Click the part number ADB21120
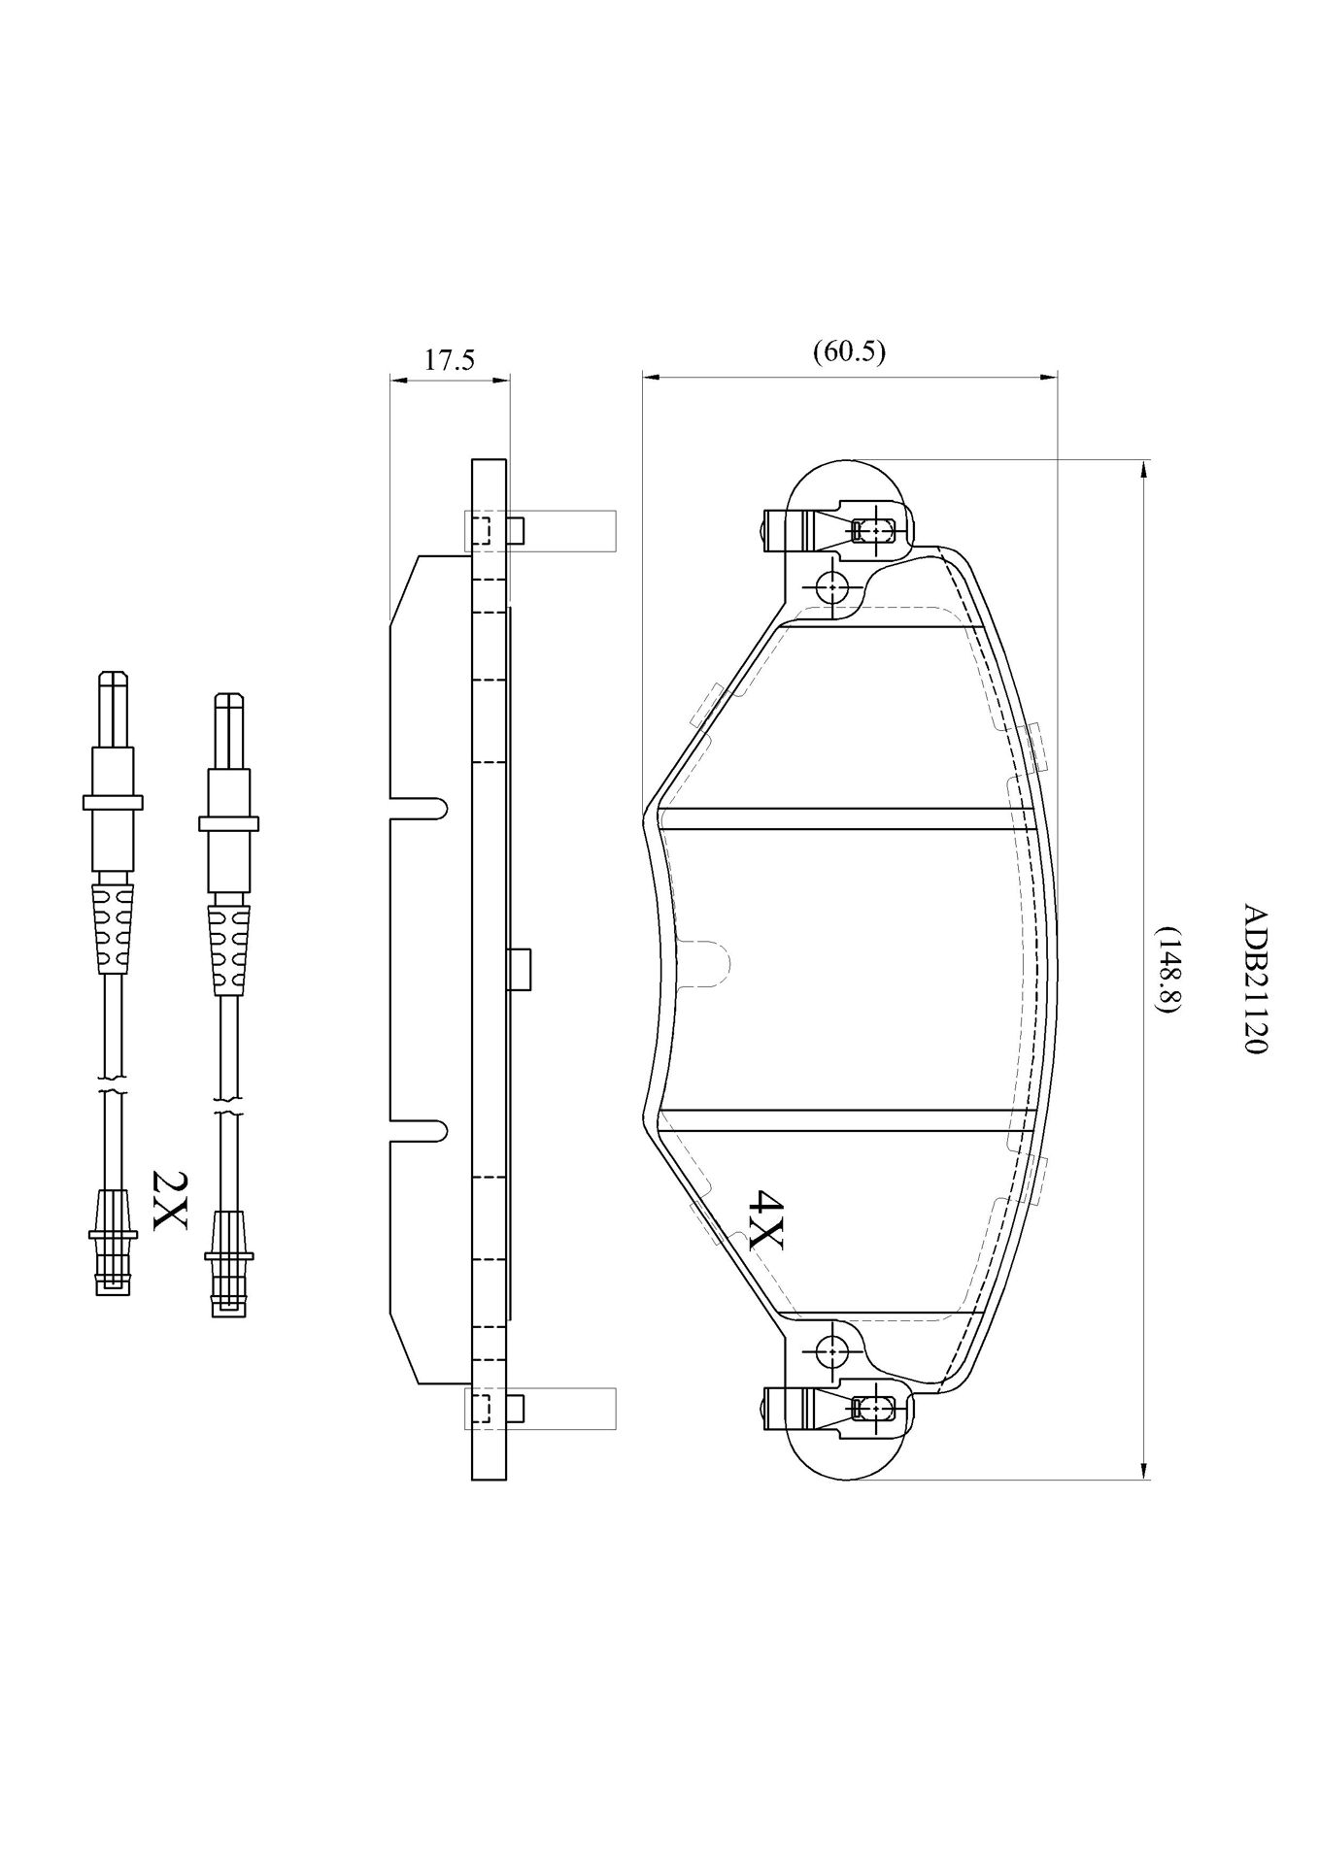[1255, 982]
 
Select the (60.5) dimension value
[849, 351]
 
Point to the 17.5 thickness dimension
[450, 361]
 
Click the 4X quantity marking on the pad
[764, 1219]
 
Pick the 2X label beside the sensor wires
[169, 1200]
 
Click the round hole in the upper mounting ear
[832, 587]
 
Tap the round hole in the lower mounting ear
[832, 1350]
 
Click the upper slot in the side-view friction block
[419, 808]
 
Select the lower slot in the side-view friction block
[419, 1130]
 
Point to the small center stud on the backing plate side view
[520, 969]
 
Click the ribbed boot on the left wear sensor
[113, 927]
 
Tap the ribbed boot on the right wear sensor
[228, 949]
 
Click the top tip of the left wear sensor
[113, 672]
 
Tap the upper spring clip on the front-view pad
[835, 530]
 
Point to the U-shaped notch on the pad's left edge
[703, 963]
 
